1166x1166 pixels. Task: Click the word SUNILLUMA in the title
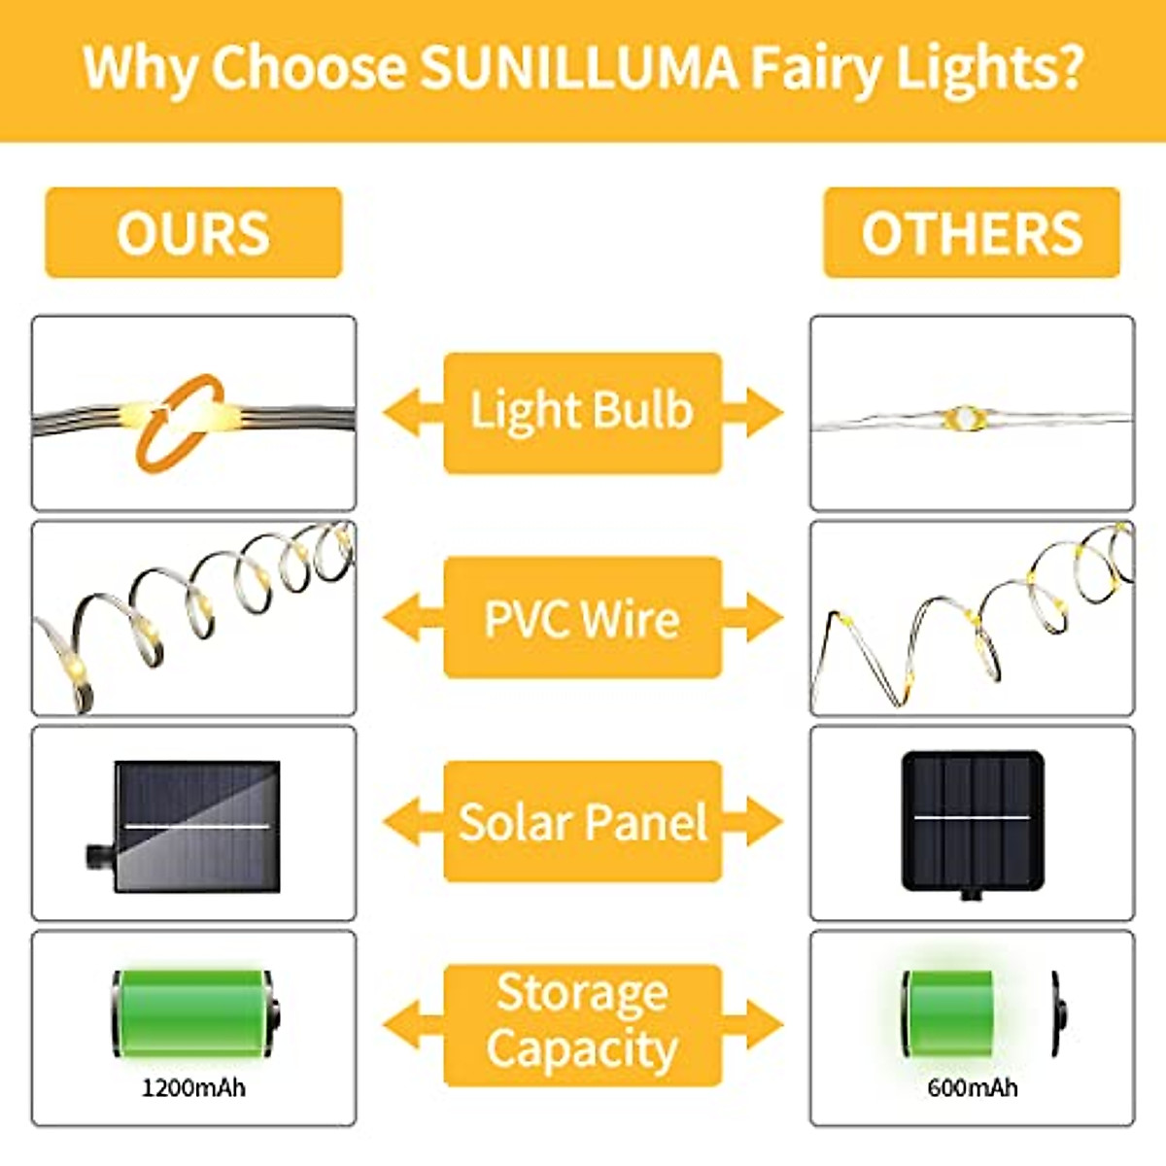tap(580, 68)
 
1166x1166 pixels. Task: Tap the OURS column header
tap(193, 233)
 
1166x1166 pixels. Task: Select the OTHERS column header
tap(972, 233)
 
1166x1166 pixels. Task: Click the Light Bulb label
tap(582, 412)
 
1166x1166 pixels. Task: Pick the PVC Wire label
tap(582, 618)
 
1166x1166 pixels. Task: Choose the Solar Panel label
tap(582, 822)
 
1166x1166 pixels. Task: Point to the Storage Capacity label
tap(582, 1022)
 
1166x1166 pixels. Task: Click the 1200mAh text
tap(193, 1086)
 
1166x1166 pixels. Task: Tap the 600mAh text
tap(972, 1086)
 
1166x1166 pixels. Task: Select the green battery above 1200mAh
tap(194, 1013)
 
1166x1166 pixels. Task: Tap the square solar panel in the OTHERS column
tap(972, 821)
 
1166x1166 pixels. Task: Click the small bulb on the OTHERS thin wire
tap(964, 418)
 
